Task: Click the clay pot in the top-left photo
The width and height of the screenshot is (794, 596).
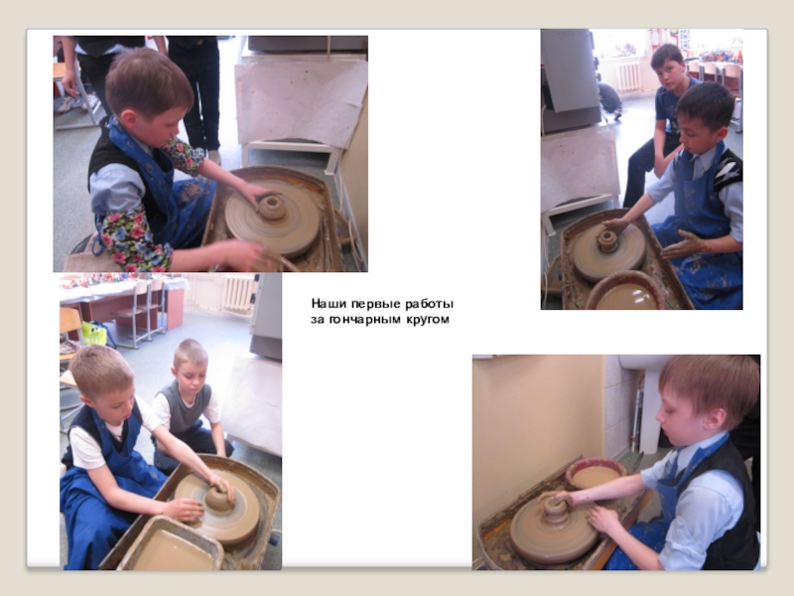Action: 272,207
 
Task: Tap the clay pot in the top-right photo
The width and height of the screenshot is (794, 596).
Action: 607,240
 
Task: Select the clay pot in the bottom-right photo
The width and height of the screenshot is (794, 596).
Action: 556,511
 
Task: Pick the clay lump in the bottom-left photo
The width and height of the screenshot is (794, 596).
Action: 219,498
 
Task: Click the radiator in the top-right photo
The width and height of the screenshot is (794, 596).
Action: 628,76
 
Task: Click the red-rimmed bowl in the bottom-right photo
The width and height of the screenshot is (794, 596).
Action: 595,474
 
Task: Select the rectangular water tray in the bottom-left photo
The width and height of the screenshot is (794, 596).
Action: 170,545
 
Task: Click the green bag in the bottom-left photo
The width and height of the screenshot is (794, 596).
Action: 94,334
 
